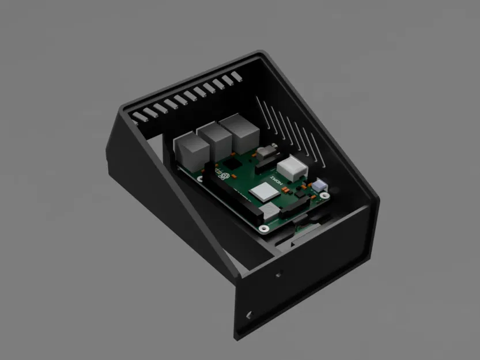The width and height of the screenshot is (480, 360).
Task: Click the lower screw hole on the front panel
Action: tap(249, 315)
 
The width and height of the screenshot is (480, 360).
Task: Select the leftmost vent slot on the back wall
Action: tap(137, 116)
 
